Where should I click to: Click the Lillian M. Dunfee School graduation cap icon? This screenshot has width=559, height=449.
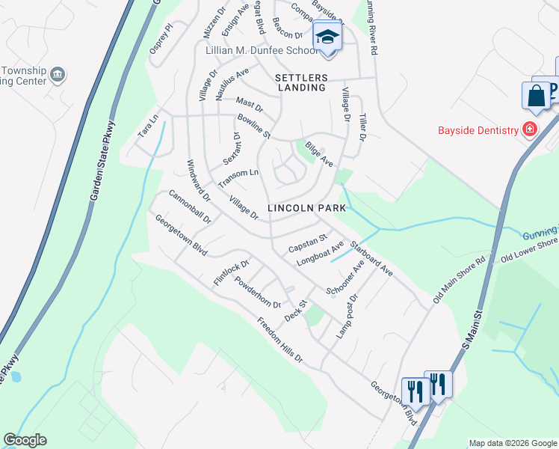tap(327, 36)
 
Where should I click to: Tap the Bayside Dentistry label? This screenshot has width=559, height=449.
tap(478, 130)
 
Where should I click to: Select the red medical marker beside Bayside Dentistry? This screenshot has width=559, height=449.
tap(530, 130)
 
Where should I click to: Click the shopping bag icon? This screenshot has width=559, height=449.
tap(535, 96)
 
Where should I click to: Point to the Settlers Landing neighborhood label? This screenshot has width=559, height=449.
tap(301, 82)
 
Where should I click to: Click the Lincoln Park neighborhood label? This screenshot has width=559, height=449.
tap(307, 207)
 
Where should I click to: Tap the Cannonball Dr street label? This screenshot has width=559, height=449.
tap(190, 207)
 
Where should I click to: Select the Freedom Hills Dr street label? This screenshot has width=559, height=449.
tap(280, 341)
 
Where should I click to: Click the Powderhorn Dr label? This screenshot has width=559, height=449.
tap(257, 293)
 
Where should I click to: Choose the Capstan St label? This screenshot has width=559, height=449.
tap(309, 242)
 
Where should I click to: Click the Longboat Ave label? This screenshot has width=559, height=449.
tap(320, 253)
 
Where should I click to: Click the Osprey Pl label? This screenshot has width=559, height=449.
tap(161, 37)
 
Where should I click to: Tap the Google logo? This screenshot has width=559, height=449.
tap(25, 440)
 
